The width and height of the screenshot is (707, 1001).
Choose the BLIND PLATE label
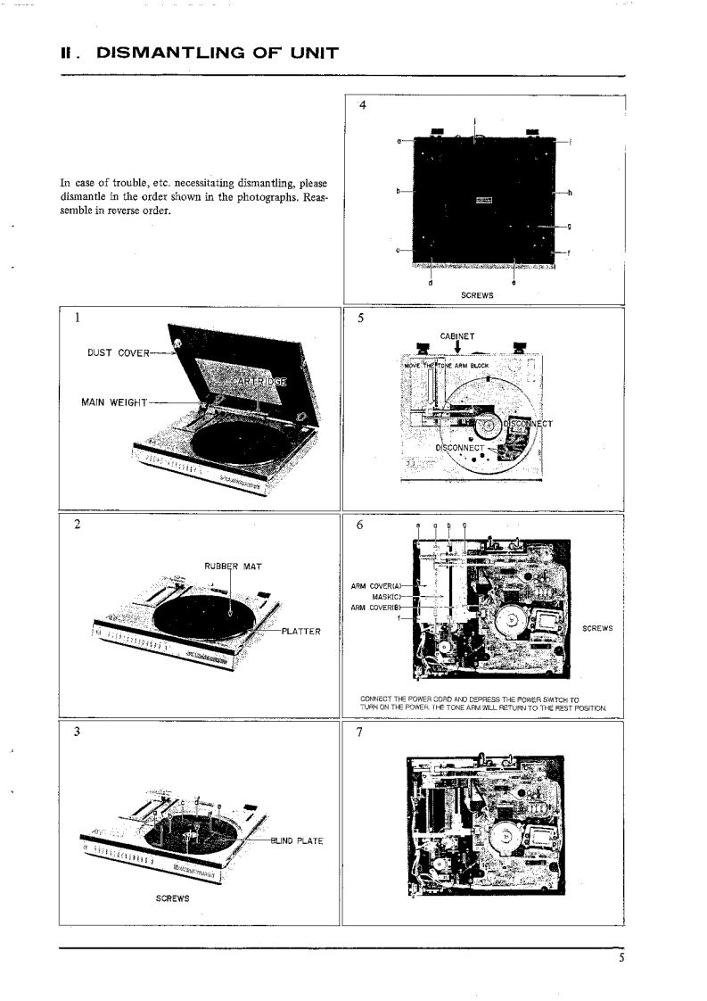tap(299, 840)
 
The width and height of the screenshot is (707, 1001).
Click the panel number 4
tap(361, 104)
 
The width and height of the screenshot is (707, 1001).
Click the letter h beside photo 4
tap(569, 192)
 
